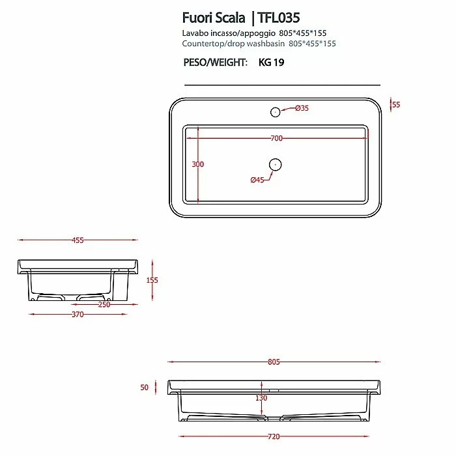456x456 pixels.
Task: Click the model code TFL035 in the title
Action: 278,18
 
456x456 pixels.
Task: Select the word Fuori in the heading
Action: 197,18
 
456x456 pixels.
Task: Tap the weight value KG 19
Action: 272,63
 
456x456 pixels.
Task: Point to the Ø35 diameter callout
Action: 302,108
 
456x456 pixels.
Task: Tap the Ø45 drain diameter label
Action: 257,180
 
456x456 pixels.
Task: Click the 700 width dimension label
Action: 277,138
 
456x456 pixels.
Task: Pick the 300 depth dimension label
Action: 198,164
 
